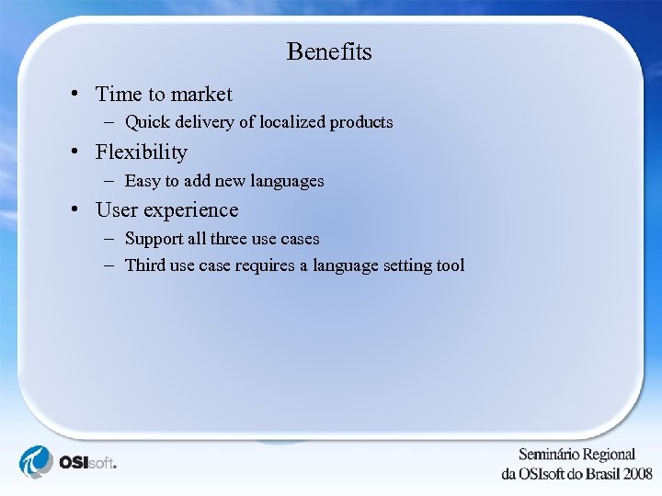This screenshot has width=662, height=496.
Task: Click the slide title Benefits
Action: click(329, 51)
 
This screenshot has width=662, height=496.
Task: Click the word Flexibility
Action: click(141, 152)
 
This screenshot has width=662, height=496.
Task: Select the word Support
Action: click(153, 239)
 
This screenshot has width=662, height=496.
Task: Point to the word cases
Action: click(300, 239)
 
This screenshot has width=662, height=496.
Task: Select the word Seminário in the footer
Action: click(550, 455)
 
